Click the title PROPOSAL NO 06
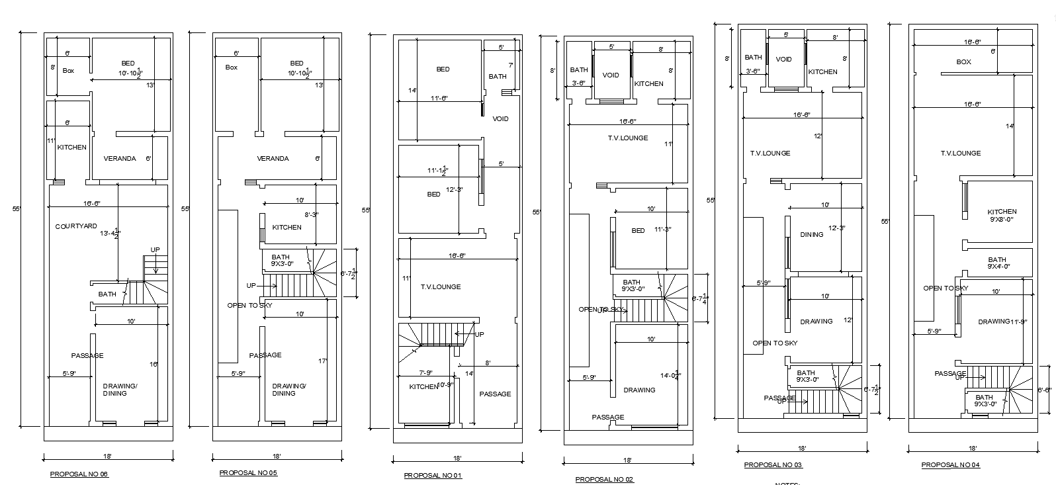point(79,474)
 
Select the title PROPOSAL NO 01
point(433,476)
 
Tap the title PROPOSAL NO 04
point(951,465)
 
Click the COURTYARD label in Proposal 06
point(76,226)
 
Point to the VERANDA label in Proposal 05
point(273,159)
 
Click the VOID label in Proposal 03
point(783,60)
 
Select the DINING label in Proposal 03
point(811,234)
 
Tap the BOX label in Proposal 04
point(963,62)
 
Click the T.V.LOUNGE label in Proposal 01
point(440,287)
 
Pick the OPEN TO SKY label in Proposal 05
point(249,306)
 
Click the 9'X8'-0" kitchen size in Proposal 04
point(1002,219)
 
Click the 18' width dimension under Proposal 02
point(627,460)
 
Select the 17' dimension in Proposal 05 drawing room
point(322,361)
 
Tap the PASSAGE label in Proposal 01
point(495,394)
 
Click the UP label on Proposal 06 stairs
point(155,249)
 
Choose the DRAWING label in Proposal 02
point(639,390)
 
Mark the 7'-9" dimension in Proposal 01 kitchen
point(425,373)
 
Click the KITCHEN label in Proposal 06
point(71,148)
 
